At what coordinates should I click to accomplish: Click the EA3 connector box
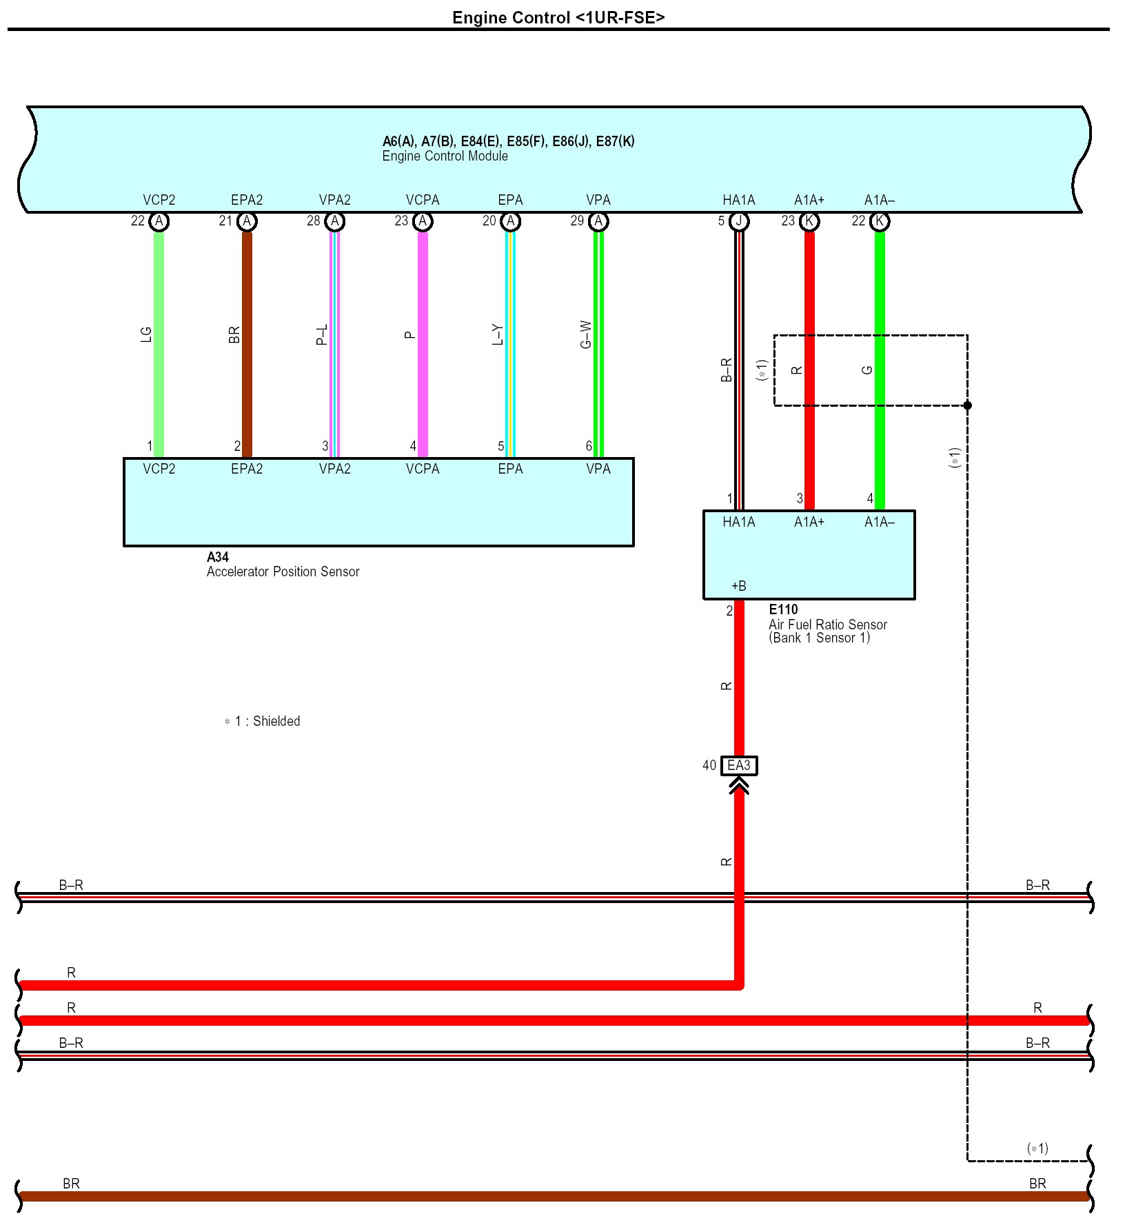pyautogui.click(x=738, y=766)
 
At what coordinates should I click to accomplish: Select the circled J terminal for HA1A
pyautogui.click(x=739, y=221)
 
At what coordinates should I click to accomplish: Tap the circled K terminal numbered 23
pyautogui.click(x=809, y=221)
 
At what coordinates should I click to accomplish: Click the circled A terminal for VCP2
pyautogui.click(x=159, y=221)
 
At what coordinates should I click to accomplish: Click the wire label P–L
pyautogui.click(x=322, y=335)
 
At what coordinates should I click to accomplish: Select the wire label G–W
pyautogui.click(x=586, y=334)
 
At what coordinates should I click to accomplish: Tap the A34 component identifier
pyautogui.click(x=218, y=557)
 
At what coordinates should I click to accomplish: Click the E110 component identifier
pyautogui.click(x=783, y=609)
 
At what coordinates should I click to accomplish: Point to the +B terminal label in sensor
pyautogui.click(x=738, y=586)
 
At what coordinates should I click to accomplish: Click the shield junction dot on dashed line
pyautogui.click(x=967, y=405)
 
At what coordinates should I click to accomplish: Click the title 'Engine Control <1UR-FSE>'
pyautogui.click(x=558, y=17)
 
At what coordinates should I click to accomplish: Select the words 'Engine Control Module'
pyautogui.click(x=445, y=156)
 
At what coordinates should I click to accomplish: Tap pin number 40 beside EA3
pyautogui.click(x=709, y=765)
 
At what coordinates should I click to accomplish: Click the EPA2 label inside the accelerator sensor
pyautogui.click(x=247, y=469)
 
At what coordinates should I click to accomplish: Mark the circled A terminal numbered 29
pyautogui.click(x=598, y=221)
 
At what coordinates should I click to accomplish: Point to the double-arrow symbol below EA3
pyautogui.click(x=739, y=786)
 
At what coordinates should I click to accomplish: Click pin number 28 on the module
pyautogui.click(x=314, y=221)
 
